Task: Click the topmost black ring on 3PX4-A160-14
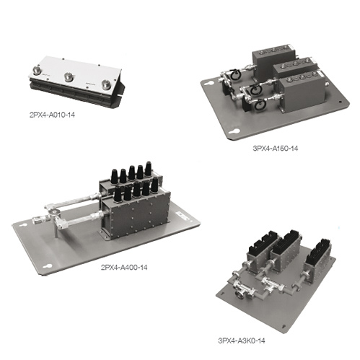pyautogui.click(x=234, y=74)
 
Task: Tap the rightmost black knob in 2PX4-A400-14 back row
pyautogui.click(x=148, y=168)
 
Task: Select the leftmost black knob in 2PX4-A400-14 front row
pyautogui.click(x=117, y=195)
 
